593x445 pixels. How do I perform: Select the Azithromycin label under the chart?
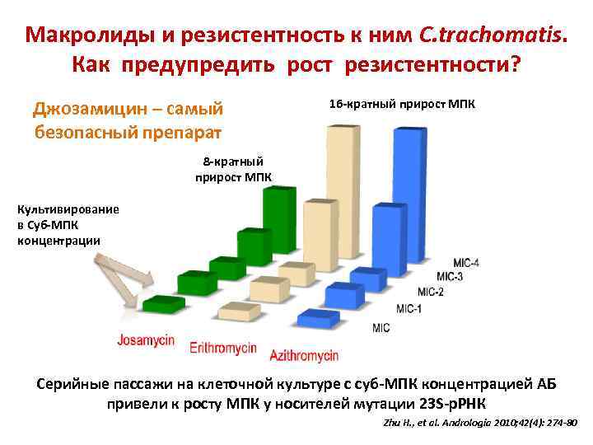[304, 355]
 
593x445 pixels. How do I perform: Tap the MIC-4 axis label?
[466, 263]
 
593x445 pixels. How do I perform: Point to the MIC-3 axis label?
[450, 277]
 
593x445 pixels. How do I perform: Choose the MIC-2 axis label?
[431, 292]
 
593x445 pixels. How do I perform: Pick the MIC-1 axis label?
[409, 309]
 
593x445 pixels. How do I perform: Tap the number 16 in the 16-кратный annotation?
[335, 105]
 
